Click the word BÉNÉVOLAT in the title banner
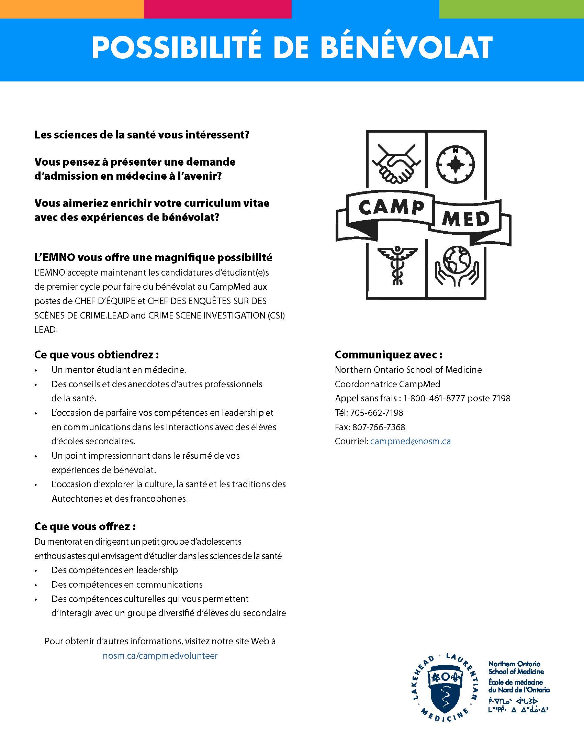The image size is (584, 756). pos(407,47)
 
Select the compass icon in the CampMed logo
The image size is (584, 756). pos(455,164)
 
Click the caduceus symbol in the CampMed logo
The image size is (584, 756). pos(397,265)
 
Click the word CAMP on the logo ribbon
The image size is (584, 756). pos(391,208)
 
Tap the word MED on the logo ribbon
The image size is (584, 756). pos(466,219)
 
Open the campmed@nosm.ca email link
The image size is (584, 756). pos(410,441)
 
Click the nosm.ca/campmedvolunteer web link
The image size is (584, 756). pos(160,656)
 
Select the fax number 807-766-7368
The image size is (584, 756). pos(379,427)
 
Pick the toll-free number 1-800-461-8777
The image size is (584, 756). pos(434,398)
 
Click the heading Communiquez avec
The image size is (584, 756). pos(389,355)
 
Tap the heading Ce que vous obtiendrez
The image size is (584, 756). pos(96,355)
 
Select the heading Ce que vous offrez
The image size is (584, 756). pos(85,526)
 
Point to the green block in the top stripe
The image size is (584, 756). pos(512,9)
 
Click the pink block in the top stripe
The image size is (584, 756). pos(217,9)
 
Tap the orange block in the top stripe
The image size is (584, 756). pos(71,9)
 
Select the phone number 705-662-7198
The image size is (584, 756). pos(377,413)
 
